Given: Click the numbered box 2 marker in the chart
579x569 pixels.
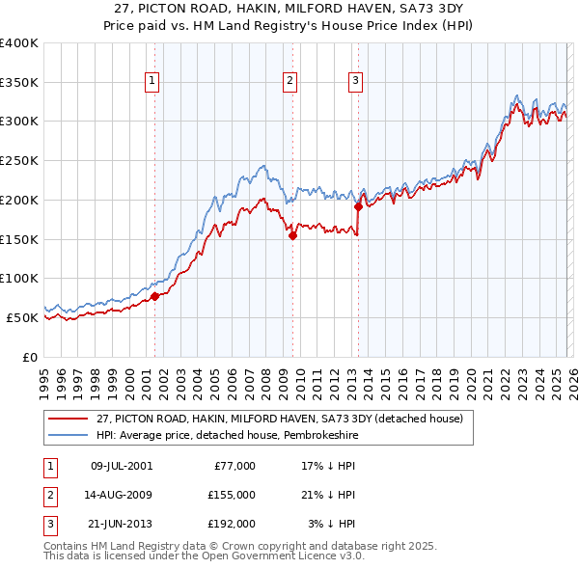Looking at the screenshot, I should click(x=290, y=82).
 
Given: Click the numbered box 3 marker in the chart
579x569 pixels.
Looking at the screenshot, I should click(x=356, y=82).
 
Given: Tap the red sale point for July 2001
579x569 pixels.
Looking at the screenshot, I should click(x=154, y=296).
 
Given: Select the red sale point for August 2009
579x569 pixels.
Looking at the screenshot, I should click(x=292, y=234).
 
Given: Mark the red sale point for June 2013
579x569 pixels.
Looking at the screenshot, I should click(x=358, y=205).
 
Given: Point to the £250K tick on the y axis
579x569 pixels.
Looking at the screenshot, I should click(x=19, y=161).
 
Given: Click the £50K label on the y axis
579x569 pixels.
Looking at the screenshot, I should click(x=22, y=317).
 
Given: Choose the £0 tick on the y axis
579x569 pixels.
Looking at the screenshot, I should click(x=31, y=357).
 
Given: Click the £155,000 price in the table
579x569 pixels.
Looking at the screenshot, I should click(x=231, y=495).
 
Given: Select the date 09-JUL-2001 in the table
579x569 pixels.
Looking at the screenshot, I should click(x=122, y=466).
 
